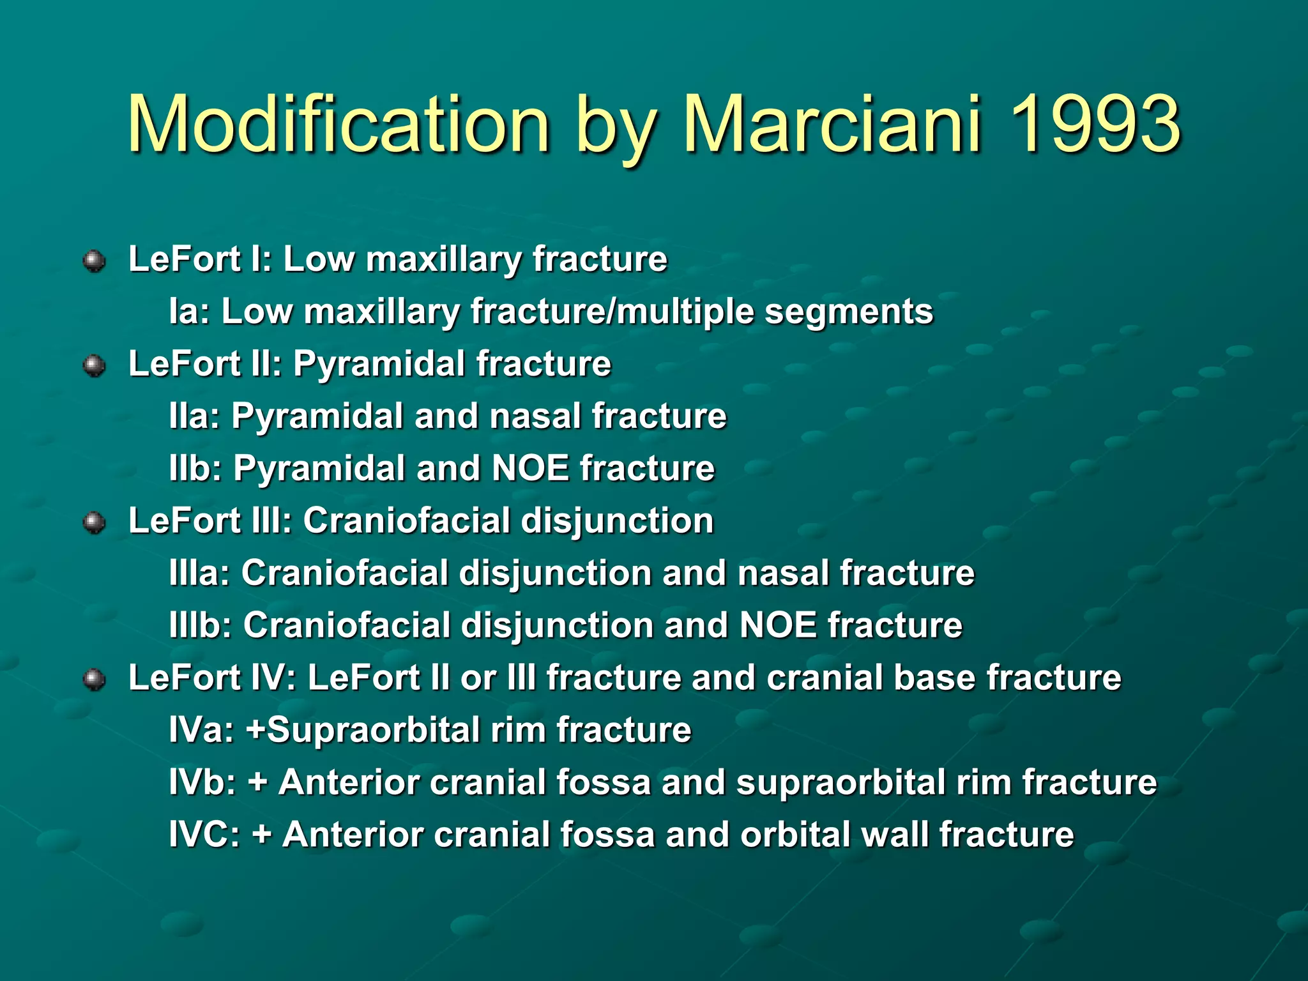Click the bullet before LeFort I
[95, 261]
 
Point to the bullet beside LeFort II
[95, 365]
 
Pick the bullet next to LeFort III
[95, 522]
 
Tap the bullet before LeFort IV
[95, 680]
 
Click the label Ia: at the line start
[190, 312]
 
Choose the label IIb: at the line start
[196, 469]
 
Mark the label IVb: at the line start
[203, 782]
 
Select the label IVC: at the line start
[204, 835]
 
